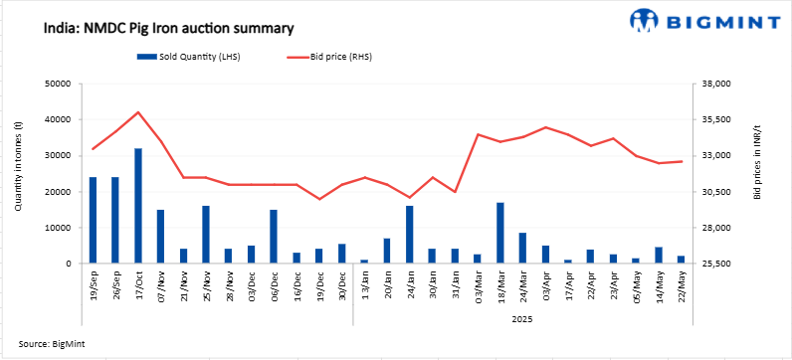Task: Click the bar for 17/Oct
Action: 138,206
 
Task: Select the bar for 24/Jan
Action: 409,235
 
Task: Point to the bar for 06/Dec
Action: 274,237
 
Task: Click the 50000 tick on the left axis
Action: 67,84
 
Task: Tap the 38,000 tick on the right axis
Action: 716,84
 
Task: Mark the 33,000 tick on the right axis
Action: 716,156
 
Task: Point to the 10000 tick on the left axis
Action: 67,228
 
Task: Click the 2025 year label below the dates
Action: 522,320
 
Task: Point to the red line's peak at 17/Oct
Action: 138,112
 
